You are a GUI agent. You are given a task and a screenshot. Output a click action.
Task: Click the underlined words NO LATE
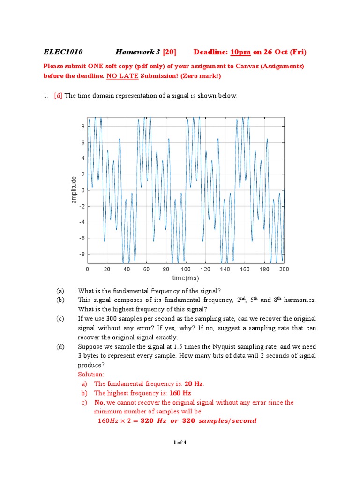(120, 76)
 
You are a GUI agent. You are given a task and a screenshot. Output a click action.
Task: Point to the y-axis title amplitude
(74, 190)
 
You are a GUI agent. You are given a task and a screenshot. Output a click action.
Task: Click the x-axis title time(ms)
(186, 278)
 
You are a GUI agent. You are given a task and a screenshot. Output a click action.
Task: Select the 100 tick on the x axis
(186, 270)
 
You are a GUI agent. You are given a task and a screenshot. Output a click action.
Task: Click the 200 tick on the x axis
(284, 270)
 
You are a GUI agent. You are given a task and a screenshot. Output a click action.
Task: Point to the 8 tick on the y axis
(82, 127)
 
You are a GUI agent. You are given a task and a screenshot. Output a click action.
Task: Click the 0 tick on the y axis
(82, 190)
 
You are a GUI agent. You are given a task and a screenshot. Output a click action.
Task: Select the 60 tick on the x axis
(146, 270)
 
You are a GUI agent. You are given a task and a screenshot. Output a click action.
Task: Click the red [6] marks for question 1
(58, 96)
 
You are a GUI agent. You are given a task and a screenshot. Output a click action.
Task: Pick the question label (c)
(60, 319)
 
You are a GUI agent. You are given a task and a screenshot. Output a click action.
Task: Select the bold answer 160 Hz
(180, 393)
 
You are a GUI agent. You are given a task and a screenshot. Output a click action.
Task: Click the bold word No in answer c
(99, 403)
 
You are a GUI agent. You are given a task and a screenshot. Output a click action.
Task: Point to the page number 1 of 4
(180, 442)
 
